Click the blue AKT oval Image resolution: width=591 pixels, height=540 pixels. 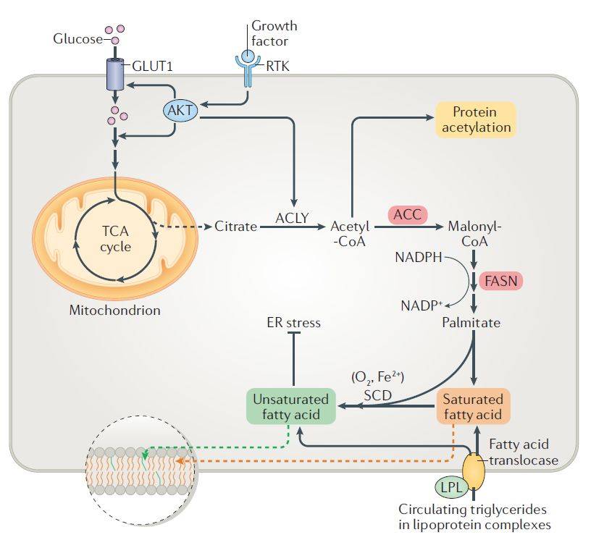[177, 111]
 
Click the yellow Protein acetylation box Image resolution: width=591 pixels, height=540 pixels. [475, 120]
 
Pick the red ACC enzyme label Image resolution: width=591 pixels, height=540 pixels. [408, 214]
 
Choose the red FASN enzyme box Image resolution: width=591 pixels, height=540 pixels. [500, 280]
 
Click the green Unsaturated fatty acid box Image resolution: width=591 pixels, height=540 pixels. [290, 406]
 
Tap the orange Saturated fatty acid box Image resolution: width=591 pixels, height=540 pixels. [473, 406]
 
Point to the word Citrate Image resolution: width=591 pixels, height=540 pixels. [235, 227]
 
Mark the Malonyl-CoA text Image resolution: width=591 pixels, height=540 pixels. [474, 233]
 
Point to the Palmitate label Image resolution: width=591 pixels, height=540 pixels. [471, 322]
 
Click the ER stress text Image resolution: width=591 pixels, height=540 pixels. [293, 322]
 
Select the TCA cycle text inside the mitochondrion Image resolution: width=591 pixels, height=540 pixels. [116, 240]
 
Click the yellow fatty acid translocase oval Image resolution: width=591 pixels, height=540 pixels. [474, 470]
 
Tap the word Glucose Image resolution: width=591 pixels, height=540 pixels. [77, 38]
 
